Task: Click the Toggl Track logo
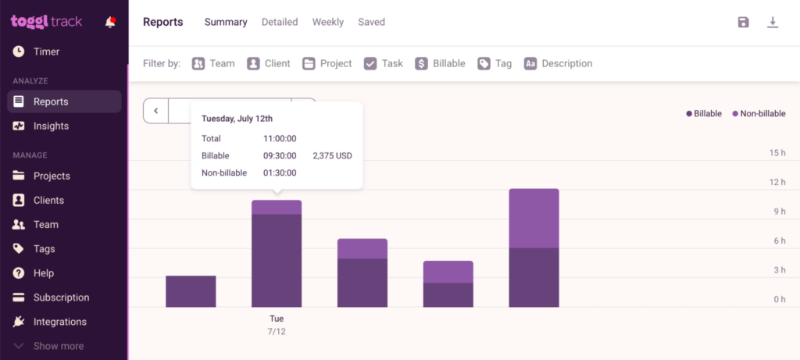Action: tap(46, 22)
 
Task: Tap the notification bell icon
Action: tap(110, 22)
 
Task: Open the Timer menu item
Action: tap(46, 52)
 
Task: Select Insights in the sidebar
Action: tap(51, 126)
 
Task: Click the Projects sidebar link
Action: tap(52, 176)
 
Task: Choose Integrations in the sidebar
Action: tap(59, 322)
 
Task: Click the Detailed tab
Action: tap(280, 22)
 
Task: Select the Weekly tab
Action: tap(328, 22)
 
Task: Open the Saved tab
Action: tap(371, 22)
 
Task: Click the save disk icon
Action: tap(743, 22)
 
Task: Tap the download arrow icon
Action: tap(773, 22)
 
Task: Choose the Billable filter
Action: tap(440, 63)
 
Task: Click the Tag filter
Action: tap(495, 63)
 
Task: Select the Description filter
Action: tap(558, 63)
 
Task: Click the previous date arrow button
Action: tap(156, 111)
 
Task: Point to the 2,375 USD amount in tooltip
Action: tap(332, 155)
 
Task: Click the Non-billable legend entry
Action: tap(759, 113)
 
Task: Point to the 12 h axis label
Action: tap(777, 182)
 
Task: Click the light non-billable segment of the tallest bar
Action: tap(534, 218)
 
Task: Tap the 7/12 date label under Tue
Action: tap(277, 332)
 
